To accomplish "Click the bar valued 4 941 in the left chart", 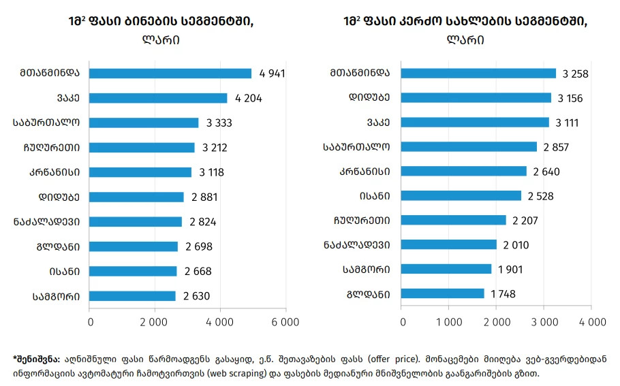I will pos(170,74).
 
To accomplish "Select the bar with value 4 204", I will pos(158,98).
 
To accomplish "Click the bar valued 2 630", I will pos(132,296).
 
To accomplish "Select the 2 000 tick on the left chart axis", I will pos(154,321).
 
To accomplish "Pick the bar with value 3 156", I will pos(476,98).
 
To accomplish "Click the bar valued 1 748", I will pos(443,293).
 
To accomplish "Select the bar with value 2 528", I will pos(461,196).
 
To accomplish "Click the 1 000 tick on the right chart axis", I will pos(448,321).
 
